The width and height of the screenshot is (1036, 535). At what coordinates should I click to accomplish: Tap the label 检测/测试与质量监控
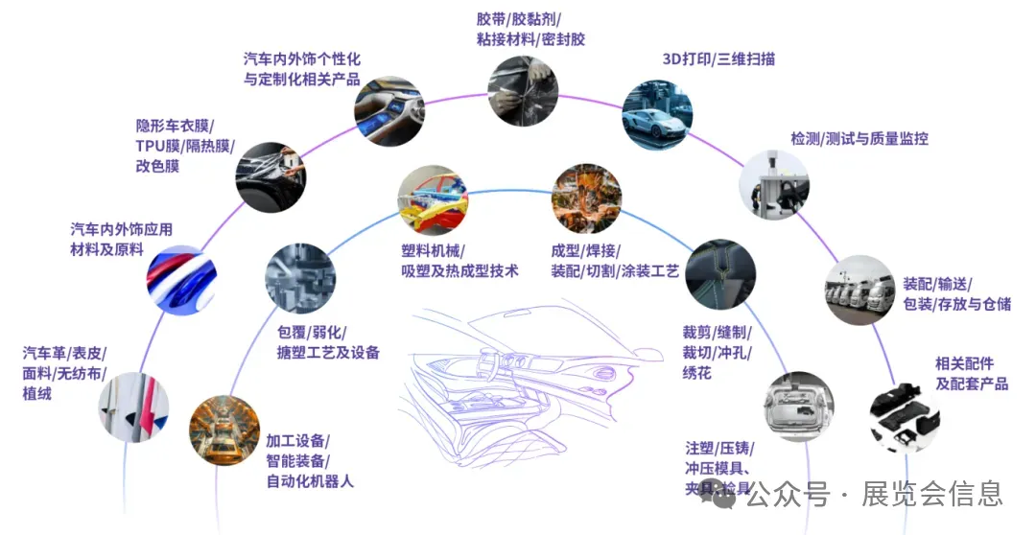859,139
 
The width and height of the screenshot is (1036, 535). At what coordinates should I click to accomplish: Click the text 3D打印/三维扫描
718,59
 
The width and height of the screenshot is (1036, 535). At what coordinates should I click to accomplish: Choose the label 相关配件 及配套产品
972,374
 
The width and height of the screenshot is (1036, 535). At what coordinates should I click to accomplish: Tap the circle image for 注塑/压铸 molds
800,407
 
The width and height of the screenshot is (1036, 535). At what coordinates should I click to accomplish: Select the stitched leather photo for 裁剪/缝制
719,273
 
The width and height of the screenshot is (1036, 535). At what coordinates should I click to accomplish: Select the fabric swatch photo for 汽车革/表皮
133,407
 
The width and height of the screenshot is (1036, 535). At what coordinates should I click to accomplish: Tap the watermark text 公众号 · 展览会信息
873,495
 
